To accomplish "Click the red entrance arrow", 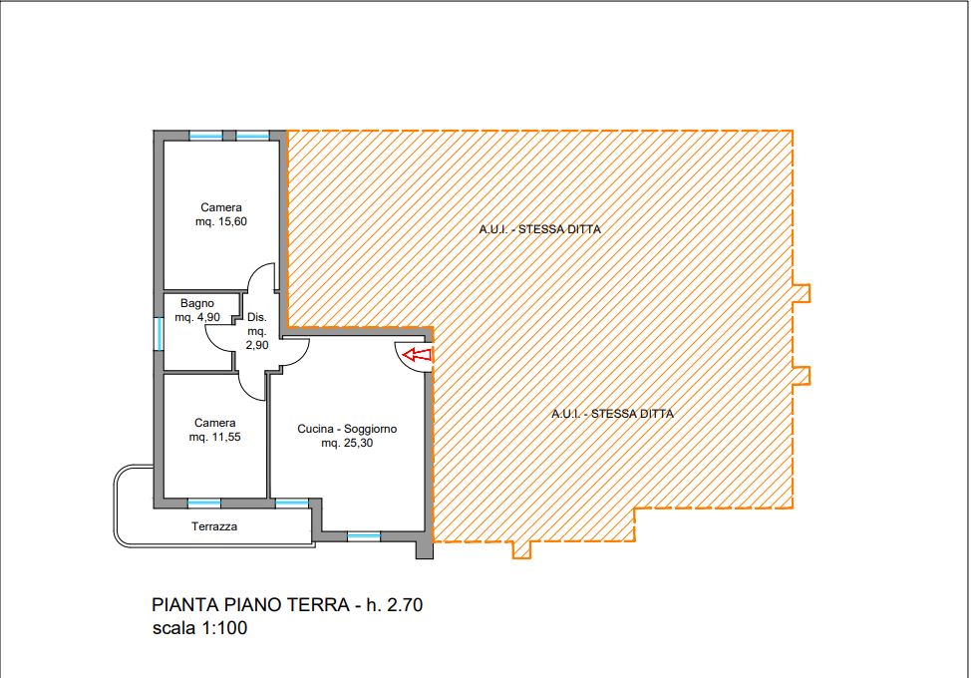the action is point(417,355).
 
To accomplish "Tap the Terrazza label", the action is point(214,526).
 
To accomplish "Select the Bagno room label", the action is point(197,303).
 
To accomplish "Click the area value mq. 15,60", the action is point(221,221).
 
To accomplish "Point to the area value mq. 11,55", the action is point(215,437).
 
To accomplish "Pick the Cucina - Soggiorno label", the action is point(347,429).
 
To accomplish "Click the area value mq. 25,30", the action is point(347,443).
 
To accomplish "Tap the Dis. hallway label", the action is point(257,317).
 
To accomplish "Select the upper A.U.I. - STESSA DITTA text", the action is point(540,229).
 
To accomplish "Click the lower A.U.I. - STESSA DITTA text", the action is point(612,414).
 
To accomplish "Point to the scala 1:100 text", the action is point(199,628).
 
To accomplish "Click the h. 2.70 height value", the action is point(395,604).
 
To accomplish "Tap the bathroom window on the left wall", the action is point(159,333).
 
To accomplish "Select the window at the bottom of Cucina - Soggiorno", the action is point(364,536).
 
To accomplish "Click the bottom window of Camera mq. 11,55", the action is point(203,504).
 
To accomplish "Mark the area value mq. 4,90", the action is point(197,318).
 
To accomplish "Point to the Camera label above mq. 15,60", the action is point(221,207).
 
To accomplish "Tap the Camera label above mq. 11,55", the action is point(215,423).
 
